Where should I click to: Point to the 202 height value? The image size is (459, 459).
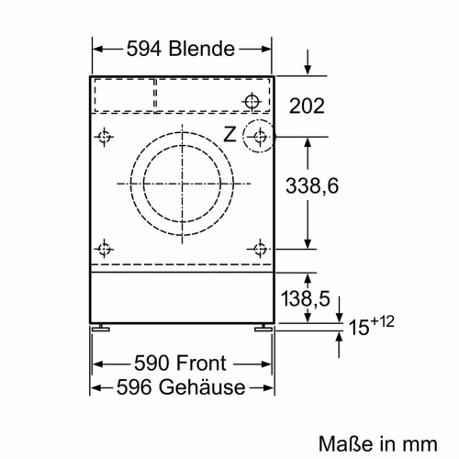coord(307,106)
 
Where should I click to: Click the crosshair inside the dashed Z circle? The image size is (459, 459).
coord(262,138)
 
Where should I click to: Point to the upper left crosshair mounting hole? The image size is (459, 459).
coord(105,138)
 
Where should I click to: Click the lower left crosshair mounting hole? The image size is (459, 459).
coord(105,247)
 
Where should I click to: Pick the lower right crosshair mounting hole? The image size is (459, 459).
coord(261,247)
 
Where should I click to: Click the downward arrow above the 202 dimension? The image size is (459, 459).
coord(308,64)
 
